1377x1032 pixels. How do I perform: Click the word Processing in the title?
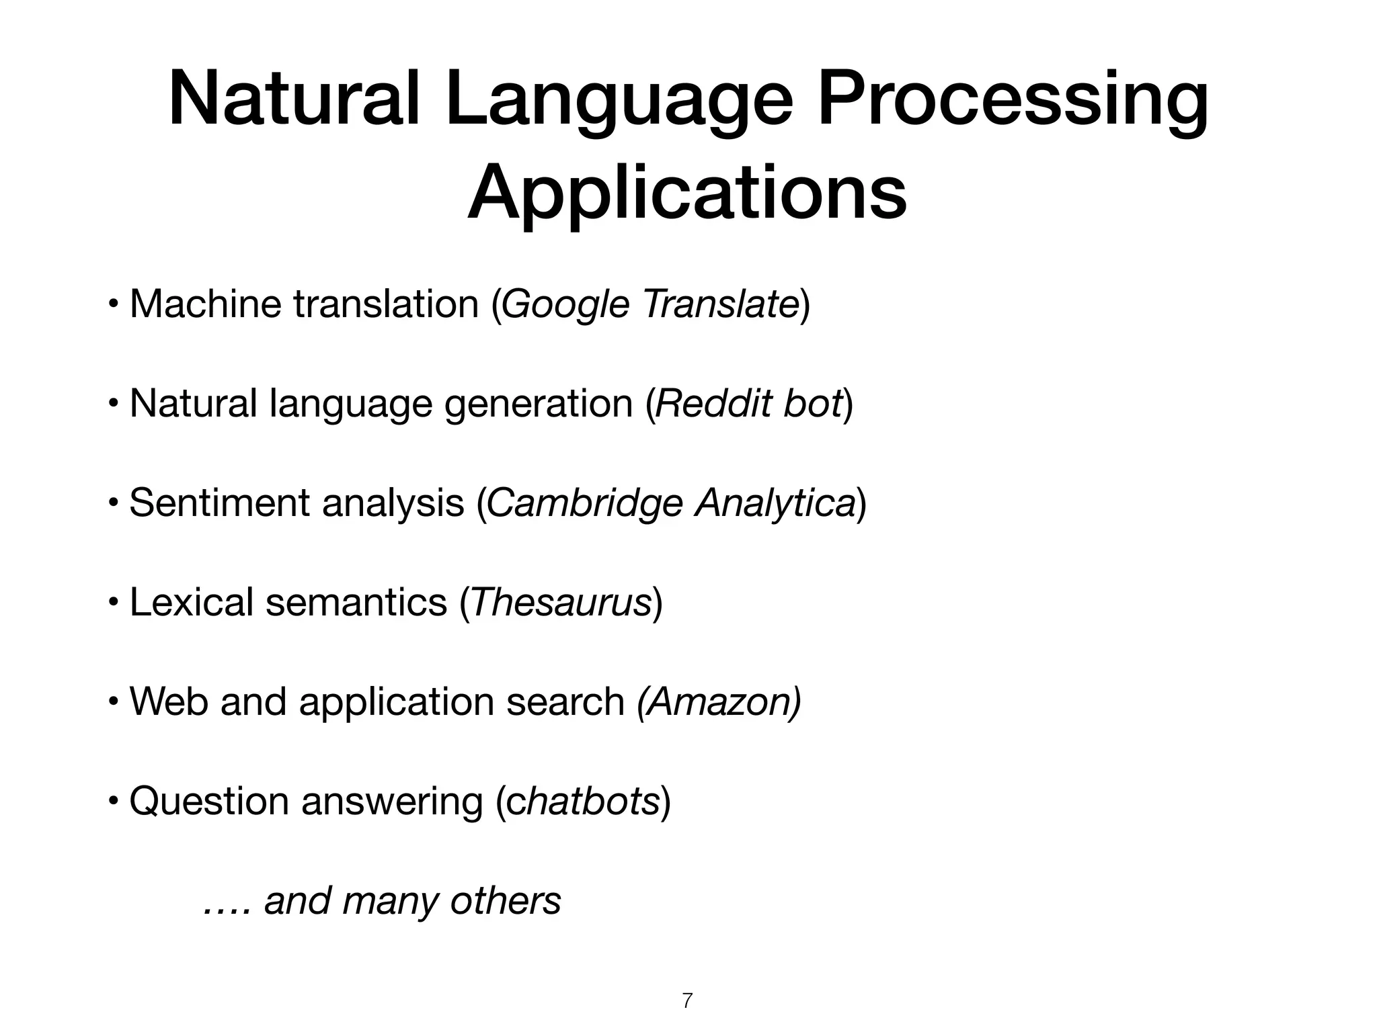point(1013,101)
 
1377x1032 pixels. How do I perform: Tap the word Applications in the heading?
point(687,193)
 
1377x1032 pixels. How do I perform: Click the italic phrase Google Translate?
point(650,304)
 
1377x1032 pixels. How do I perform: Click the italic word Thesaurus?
point(561,601)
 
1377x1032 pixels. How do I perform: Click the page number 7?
point(687,1000)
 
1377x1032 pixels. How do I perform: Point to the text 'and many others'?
point(412,900)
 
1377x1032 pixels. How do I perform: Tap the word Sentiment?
point(219,503)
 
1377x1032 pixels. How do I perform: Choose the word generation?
point(539,403)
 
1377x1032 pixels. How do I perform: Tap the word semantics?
point(356,601)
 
